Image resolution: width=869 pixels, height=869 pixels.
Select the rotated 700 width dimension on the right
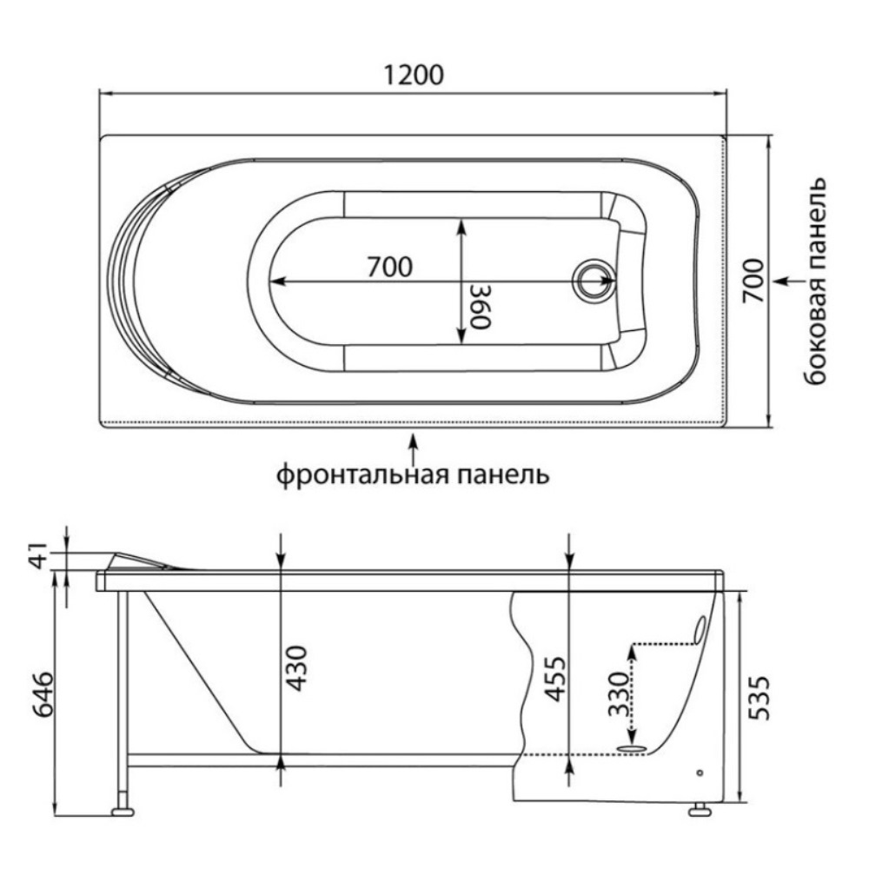pos(753,280)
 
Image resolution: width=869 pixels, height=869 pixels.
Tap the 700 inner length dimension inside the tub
pos(388,268)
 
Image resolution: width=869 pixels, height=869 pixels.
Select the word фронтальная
pos(364,475)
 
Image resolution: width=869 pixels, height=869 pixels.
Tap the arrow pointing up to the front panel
pos(413,449)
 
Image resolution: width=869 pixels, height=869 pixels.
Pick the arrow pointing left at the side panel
pos(785,281)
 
